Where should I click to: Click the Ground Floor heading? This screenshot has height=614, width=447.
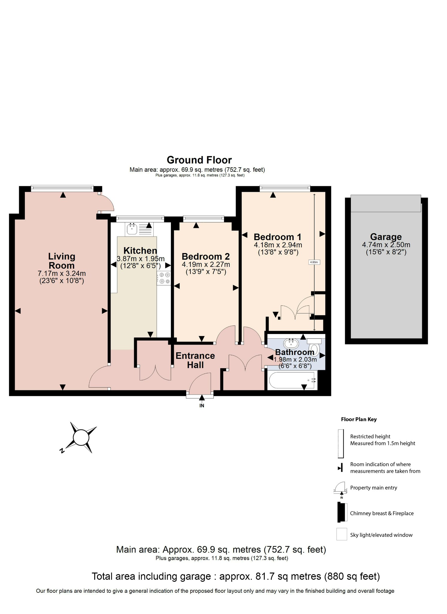tap(199, 160)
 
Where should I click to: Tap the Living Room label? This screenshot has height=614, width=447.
tap(62, 261)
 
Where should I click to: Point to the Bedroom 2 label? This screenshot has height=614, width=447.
tap(206, 257)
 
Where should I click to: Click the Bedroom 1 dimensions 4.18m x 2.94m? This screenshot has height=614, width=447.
tap(278, 245)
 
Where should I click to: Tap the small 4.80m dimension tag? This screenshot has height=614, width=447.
tap(314, 262)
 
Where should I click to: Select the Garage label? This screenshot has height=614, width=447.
tap(386, 237)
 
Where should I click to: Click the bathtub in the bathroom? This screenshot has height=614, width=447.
tap(291, 380)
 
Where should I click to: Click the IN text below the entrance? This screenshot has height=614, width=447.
tap(202, 406)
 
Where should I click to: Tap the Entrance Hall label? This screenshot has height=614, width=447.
tap(195, 360)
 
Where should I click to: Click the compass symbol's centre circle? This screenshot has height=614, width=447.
tap(81, 437)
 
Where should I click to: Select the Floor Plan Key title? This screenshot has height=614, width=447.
tap(359, 419)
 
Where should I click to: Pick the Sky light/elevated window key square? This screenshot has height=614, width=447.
tap(342, 534)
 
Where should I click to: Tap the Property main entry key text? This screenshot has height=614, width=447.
tap(373, 488)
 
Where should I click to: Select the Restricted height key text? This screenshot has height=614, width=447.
tap(370, 437)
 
